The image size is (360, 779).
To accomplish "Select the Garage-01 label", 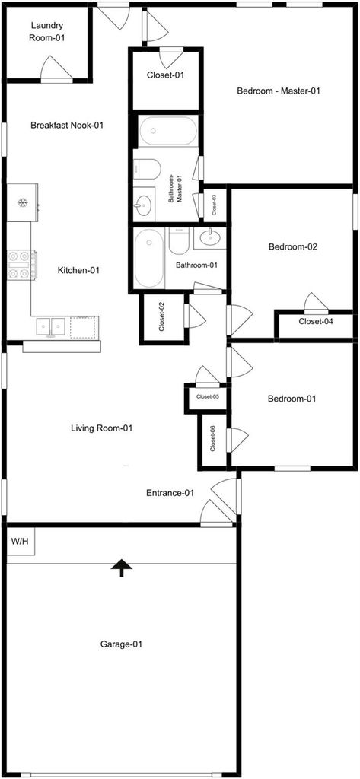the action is point(121,644).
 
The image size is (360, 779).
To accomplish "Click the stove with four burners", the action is point(21,265).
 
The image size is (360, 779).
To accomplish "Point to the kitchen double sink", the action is point(51,327).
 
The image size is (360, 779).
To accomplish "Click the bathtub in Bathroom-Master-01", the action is point(167,131).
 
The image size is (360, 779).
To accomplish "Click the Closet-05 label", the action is point(208,396).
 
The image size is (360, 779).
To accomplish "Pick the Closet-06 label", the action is point(213,439).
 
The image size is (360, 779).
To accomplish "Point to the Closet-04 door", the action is point(316,303).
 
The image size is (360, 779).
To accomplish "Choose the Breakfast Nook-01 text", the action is point(67,126).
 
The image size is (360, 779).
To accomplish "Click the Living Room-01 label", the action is point(101,428).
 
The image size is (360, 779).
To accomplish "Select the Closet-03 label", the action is point(215,204).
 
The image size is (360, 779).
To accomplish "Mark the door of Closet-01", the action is point(171,58).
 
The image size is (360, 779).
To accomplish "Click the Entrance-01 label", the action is point(170,493).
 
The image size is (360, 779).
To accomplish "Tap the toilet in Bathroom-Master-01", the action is point(147,168).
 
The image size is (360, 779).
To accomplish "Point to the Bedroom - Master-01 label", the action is point(278,91).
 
